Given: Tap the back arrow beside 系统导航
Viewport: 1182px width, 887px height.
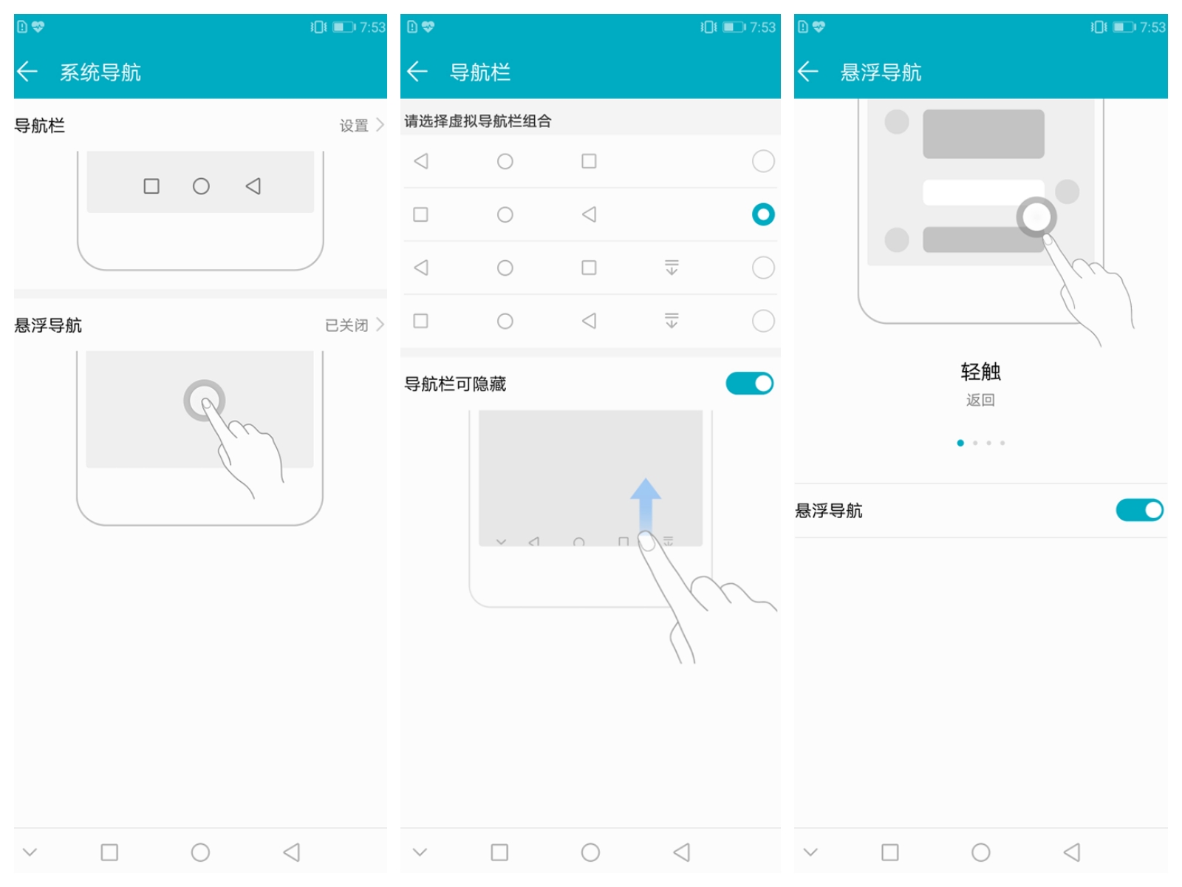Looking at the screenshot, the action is [27, 72].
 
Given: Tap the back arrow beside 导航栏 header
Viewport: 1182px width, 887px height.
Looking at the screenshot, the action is [417, 72].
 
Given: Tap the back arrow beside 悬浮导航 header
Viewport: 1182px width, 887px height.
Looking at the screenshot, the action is [807, 72].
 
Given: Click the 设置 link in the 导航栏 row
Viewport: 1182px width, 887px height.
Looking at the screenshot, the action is [354, 126].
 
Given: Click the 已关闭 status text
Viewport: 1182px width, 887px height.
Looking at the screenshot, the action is [346, 325].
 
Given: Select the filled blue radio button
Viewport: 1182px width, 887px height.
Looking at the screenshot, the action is [763, 214].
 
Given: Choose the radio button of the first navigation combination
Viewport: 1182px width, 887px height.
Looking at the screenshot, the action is [763, 161].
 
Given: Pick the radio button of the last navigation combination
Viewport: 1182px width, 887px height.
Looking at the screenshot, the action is [763, 321].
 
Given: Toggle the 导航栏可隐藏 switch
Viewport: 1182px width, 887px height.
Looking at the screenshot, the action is [750, 384].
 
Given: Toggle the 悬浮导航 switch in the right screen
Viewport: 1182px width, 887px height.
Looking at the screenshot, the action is [1139, 510].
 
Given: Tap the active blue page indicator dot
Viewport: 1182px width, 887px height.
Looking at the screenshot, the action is [960, 443].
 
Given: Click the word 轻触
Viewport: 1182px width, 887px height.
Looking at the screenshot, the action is [980, 372].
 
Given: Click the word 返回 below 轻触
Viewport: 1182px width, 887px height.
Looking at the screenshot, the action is [980, 400].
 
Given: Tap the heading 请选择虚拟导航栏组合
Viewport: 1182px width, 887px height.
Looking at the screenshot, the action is [478, 121].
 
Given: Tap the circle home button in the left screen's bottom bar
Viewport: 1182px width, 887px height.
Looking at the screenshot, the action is [200, 852].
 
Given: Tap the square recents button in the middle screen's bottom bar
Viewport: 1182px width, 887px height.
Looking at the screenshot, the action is [499, 852].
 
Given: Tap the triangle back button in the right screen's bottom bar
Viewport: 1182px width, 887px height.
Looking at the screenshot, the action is [1072, 852].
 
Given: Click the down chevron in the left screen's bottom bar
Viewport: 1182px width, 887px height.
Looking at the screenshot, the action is [30, 852].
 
